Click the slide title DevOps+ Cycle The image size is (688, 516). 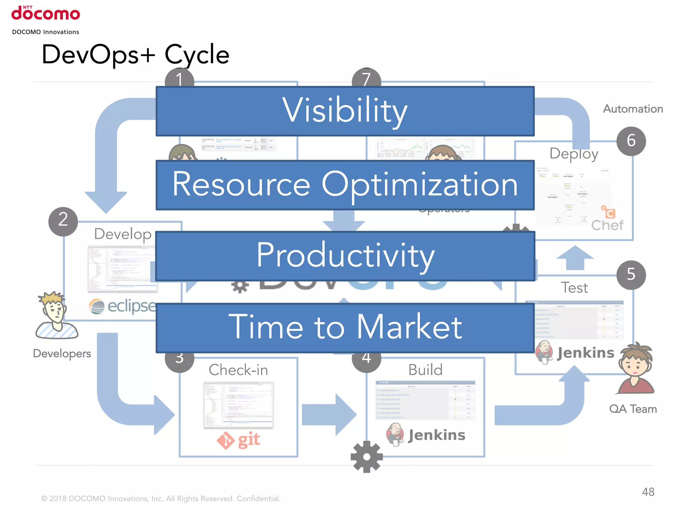(135, 54)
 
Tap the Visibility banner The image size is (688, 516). (345, 111)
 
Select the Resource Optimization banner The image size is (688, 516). (345, 185)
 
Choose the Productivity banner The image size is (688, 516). (345, 256)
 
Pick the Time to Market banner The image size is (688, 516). (345, 328)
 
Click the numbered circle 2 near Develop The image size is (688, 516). (63, 221)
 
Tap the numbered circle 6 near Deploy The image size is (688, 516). (631, 141)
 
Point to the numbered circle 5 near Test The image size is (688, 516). (631, 275)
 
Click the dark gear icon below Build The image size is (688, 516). (367, 457)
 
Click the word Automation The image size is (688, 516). (633, 109)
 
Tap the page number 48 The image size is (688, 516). (648, 492)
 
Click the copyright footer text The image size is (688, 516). (161, 499)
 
